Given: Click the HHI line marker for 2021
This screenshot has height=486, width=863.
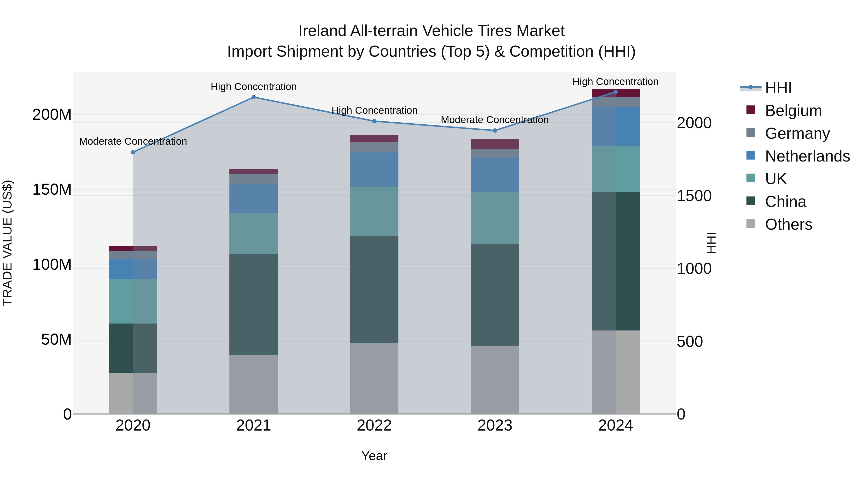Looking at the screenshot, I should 254,97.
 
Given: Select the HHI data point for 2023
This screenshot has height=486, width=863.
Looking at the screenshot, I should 495,131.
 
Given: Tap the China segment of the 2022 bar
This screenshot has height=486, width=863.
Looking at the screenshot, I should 374,289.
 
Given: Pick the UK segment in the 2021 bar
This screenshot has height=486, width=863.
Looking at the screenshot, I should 254,234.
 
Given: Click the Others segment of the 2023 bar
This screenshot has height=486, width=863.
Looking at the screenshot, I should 495,380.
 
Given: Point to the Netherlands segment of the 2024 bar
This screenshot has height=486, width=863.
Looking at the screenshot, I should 615,126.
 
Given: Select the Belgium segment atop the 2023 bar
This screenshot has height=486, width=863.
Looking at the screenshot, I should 495,144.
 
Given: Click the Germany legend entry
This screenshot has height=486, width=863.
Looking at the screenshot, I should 797,133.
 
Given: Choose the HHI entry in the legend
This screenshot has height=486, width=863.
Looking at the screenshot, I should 778,88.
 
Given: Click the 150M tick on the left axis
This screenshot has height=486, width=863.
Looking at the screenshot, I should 52,190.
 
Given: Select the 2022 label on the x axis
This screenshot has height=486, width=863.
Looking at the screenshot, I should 374,426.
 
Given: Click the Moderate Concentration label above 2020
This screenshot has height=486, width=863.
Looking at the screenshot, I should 133,142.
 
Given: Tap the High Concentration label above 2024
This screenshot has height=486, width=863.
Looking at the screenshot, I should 615,82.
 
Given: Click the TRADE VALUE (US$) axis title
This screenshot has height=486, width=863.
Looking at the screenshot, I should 7,243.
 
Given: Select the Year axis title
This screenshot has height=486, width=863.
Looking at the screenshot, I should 374,456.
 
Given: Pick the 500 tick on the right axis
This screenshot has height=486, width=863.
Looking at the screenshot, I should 690,342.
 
